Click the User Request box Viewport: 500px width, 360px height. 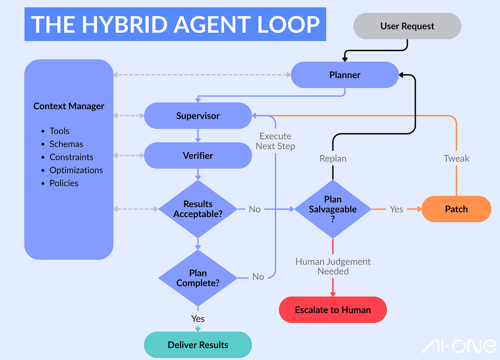tap(407, 26)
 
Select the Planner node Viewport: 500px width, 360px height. tap(344, 75)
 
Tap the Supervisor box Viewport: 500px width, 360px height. tap(198, 116)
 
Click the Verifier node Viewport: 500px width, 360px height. tap(198, 156)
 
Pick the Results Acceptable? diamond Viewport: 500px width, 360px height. tap(198, 209)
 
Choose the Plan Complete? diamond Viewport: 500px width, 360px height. tap(198, 278)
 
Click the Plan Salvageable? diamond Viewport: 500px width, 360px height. tap(333, 209)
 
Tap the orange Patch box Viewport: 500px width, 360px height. tap(456, 209)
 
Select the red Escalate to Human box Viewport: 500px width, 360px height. tap(333, 310)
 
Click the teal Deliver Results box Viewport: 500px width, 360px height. tap(198, 345)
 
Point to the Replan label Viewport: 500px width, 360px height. tap(333, 158)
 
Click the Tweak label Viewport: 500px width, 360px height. tap(456, 158)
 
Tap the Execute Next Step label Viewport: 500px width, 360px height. tap(275, 141)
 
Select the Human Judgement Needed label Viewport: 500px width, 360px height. tap(333, 266)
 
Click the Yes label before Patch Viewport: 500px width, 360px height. tap(396, 209)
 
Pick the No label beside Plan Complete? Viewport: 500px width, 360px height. tap(258, 277)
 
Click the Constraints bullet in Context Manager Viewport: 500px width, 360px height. tap(71, 157)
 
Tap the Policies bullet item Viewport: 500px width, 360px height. tap(64, 183)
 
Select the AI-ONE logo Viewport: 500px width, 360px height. tap(459, 346)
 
